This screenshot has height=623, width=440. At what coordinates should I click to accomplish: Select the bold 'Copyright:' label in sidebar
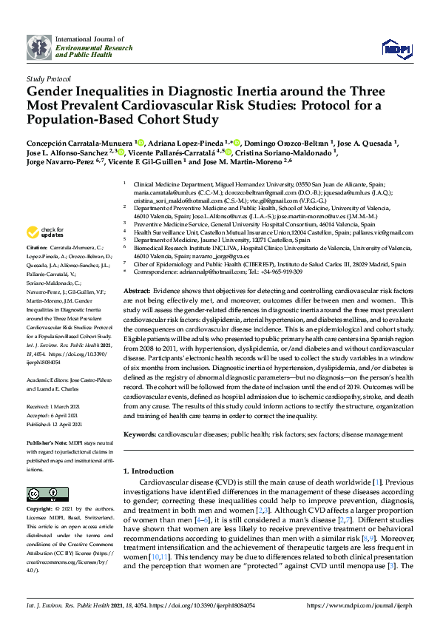click(41, 510)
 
